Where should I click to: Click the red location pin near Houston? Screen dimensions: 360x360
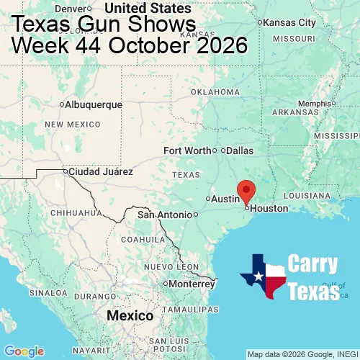tap(246, 191)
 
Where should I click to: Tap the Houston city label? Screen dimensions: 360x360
tap(269, 208)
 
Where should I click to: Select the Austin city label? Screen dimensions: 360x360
tap(225, 199)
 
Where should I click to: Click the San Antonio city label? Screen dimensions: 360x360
tap(165, 215)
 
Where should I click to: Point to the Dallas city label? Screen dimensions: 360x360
tap(240, 150)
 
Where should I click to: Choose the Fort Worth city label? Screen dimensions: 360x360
tap(186, 150)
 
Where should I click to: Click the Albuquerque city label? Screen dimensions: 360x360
tap(94, 104)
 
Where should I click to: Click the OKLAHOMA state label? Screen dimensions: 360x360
tap(215, 92)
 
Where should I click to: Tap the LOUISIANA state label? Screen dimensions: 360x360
tap(306, 195)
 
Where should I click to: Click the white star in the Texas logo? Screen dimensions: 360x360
tap(257, 277)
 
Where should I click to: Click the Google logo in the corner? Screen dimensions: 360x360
tap(23, 351)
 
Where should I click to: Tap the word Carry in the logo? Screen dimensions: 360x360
tap(313, 264)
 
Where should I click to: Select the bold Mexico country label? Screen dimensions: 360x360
tap(130, 316)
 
